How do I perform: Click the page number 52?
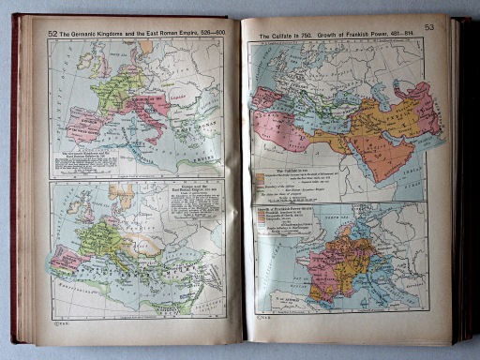pos(52,33)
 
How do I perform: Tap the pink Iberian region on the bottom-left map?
pos(69,257)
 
